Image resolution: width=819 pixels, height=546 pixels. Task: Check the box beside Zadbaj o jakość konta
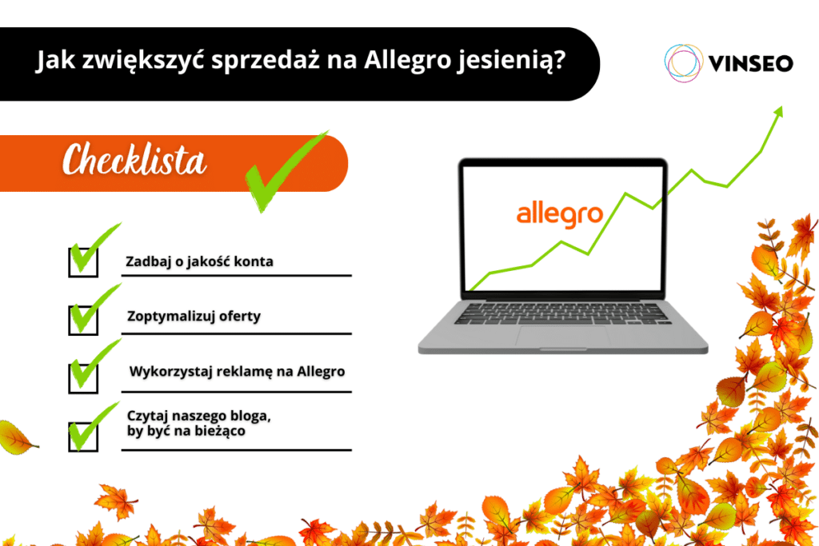82,262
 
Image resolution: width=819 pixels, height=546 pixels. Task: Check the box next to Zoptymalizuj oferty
82,318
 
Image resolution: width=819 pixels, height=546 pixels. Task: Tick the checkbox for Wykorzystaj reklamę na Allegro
82,373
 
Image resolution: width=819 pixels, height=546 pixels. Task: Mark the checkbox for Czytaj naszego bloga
82,436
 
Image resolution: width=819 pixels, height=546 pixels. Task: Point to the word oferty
240,317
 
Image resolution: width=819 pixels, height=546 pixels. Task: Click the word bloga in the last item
242,416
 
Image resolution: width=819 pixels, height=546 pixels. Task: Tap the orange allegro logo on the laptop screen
559,215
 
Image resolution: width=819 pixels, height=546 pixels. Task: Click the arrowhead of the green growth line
778,111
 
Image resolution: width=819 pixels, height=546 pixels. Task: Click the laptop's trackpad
562,336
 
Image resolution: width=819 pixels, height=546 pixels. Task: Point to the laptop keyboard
562,313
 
